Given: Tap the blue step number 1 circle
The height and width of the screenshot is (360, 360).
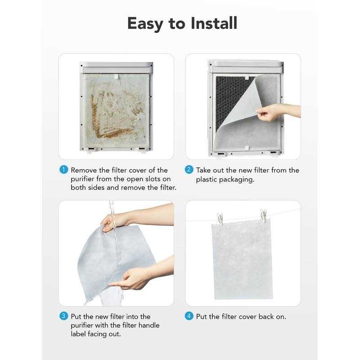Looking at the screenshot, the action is coord(63,170).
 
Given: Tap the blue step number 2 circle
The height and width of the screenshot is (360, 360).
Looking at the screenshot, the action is coord(189,170).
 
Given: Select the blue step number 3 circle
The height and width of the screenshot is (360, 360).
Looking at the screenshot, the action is coord(63,316).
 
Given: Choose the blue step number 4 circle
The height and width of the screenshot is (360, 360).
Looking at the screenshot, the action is coord(189,316).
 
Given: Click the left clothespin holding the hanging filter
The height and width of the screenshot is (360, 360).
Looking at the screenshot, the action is coord(220,218).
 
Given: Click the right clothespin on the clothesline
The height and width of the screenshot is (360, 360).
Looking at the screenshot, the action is coord(263,216).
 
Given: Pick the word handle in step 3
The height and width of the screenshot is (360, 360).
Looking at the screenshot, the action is coord(148,325).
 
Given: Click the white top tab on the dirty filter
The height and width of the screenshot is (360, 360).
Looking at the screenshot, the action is coord(117,76).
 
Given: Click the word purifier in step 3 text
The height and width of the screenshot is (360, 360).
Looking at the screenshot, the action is coord(82,325).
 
